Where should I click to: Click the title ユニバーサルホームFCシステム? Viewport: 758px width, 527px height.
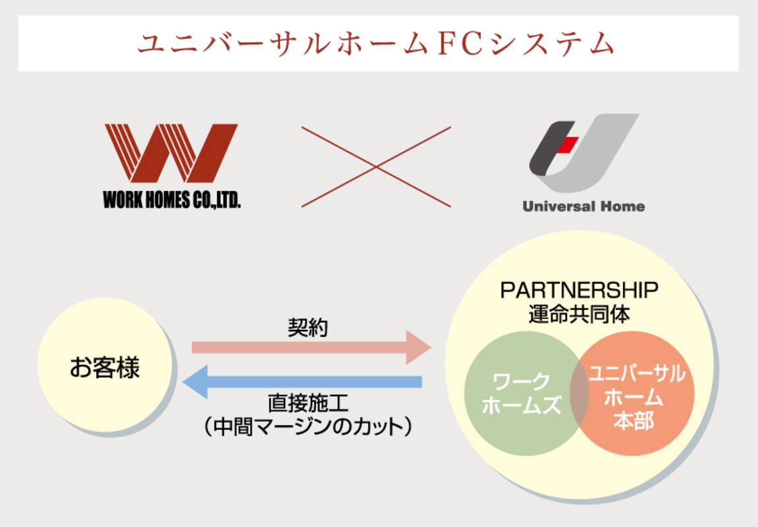pos(376,43)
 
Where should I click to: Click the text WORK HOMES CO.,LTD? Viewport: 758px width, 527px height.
pos(172,200)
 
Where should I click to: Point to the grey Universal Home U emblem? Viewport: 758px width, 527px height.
pos(583,153)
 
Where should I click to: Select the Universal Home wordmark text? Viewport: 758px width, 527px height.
pos(583,206)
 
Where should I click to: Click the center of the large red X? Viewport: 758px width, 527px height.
pos(376,167)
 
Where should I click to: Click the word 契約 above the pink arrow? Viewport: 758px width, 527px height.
pos(308,327)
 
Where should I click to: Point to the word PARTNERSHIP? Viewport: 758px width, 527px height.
pos(579,290)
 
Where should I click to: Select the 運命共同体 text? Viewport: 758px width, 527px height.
pos(579,313)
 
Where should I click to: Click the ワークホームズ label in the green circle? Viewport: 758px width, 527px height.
pos(520,393)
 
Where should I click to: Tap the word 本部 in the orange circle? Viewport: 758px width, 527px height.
pos(634,420)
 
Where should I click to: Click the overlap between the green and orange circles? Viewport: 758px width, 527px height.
pos(579,393)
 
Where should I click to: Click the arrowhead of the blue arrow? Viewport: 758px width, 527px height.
pos(196,381)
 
